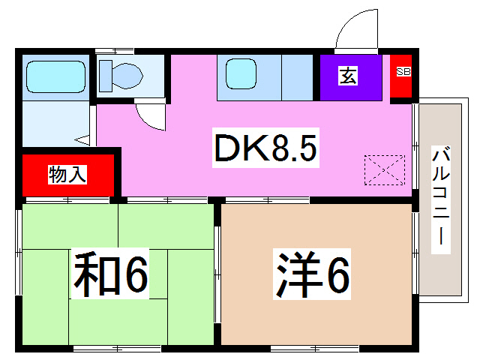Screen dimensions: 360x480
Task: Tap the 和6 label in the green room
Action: (x=110, y=274)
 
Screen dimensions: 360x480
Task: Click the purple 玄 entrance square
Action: (x=349, y=76)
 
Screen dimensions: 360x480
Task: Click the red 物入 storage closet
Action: (x=67, y=175)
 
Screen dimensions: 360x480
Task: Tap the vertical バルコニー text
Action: (x=441, y=198)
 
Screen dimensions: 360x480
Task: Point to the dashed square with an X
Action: (x=384, y=169)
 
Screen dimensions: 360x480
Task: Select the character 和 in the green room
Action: (x=91, y=274)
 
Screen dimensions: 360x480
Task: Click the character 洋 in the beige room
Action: (x=293, y=274)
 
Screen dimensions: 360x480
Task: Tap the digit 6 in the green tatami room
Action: (x=135, y=274)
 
